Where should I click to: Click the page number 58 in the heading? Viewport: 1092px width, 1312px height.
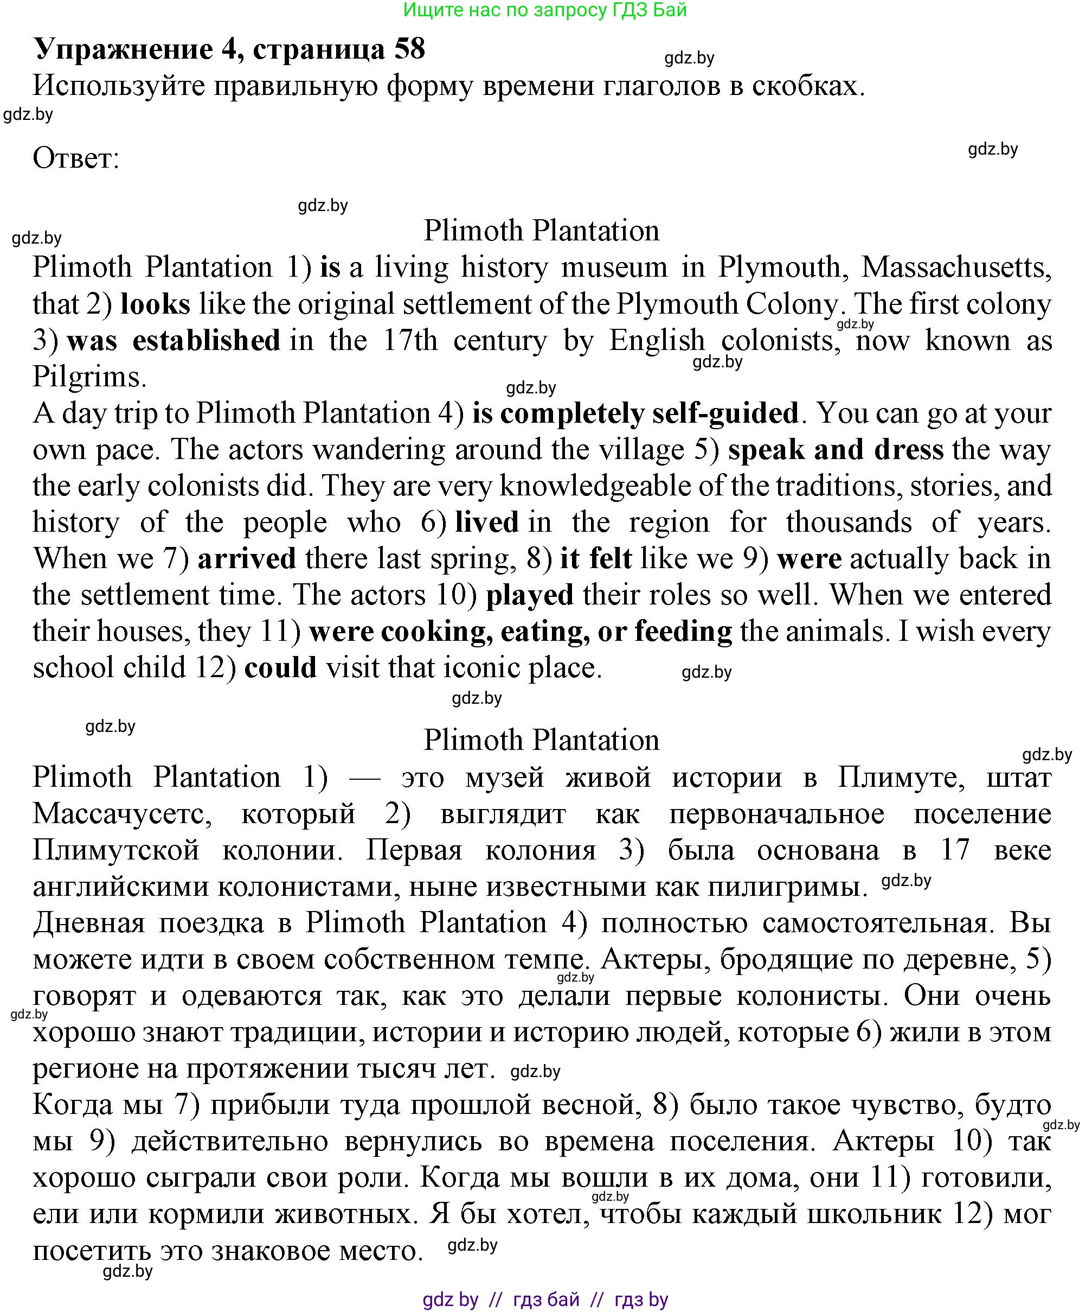[409, 49]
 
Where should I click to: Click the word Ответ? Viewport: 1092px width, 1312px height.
[75, 158]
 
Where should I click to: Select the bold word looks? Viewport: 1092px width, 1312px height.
[155, 304]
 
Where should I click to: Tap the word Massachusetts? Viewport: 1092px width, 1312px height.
[956, 268]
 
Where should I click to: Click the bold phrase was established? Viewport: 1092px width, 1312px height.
[174, 341]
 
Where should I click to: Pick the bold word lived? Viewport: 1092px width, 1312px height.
[486, 523]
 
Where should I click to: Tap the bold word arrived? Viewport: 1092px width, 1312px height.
[247, 558]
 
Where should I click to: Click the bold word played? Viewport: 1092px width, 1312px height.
[529, 595]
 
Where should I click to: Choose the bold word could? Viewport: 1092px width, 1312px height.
[280, 668]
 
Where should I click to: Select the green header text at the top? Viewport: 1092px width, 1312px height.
[544, 10]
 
